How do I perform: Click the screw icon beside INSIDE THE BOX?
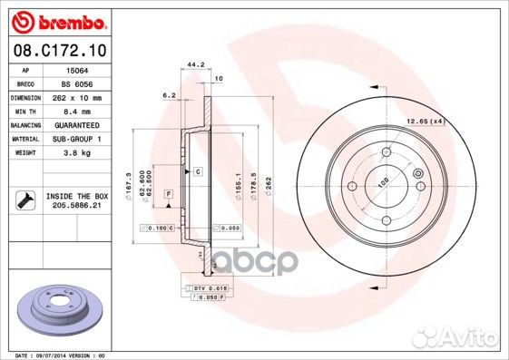(24, 200)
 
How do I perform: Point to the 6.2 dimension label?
(169, 94)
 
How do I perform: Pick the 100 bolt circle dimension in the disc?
(384, 182)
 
